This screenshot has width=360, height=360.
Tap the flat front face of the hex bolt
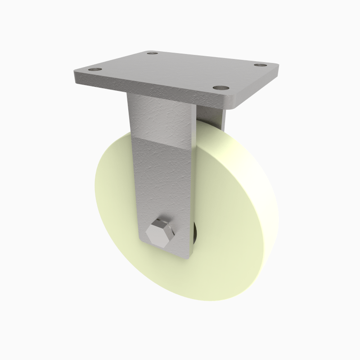[158, 235]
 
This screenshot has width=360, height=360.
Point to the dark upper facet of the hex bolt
[162, 224]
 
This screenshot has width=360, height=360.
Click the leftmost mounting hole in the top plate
[94, 70]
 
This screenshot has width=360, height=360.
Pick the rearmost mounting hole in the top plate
[153, 54]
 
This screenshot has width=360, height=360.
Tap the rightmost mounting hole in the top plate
[259, 65]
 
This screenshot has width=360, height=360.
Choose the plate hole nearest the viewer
[219, 88]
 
